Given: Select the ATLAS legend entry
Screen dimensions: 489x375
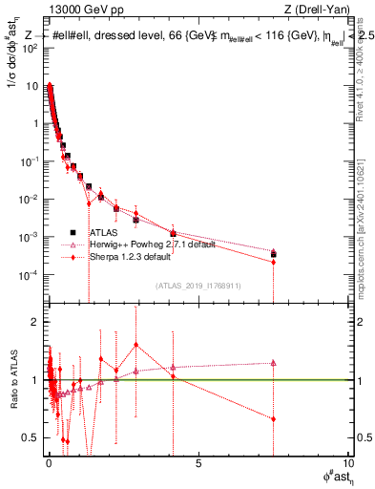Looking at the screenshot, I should pyautogui.click(x=103, y=232).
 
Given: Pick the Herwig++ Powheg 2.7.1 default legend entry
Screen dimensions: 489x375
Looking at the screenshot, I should pyautogui.click(x=152, y=244).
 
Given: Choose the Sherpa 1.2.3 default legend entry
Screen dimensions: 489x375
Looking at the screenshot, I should pyautogui.click(x=129, y=257).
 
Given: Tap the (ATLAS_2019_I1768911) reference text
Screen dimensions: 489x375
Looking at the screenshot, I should pyautogui.click(x=198, y=285).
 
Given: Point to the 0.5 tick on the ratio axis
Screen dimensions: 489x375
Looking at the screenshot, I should pyautogui.click(x=31, y=437).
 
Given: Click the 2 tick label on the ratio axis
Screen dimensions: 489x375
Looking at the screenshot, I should pyautogui.click(x=35, y=322).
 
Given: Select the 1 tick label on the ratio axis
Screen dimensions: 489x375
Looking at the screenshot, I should pyautogui.click(x=35, y=380).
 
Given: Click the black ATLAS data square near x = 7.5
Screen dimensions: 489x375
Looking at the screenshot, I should pyautogui.click(x=273, y=255).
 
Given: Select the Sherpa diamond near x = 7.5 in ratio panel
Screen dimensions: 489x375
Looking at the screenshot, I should pyautogui.click(x=273, y=418).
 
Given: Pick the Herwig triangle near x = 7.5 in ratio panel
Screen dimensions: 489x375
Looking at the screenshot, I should pyautogui.click(x=273, y=363).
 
